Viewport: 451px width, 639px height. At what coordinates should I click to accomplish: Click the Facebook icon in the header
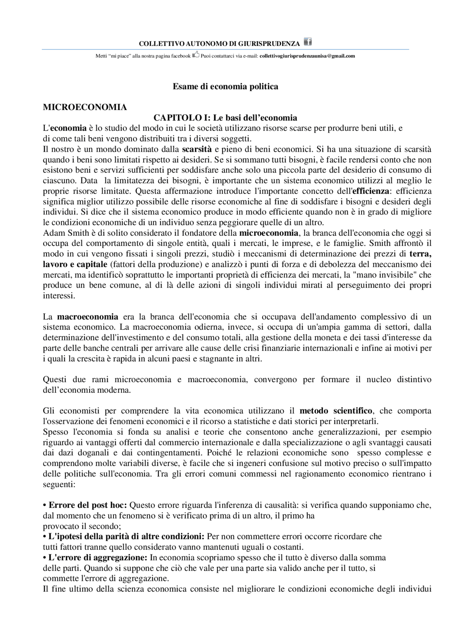pos(308,42)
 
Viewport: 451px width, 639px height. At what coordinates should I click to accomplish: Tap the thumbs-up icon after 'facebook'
pos(196,55)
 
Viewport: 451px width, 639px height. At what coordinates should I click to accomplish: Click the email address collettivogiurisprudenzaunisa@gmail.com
pos(307,56)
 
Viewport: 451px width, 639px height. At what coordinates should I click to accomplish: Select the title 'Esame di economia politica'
pos(225,86)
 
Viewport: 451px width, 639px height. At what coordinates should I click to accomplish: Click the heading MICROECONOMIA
pos(85,107)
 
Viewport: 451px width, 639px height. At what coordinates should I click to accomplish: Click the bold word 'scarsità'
pos(197,149)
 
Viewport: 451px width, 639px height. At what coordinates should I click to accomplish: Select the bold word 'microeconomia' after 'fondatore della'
pos(268,233)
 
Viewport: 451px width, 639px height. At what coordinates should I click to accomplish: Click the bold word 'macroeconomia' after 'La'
pos(87,317)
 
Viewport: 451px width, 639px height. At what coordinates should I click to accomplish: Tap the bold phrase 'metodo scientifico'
pos(336,411)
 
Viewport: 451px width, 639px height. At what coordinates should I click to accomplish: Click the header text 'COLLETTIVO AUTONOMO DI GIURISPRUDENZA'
pos(219,44)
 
